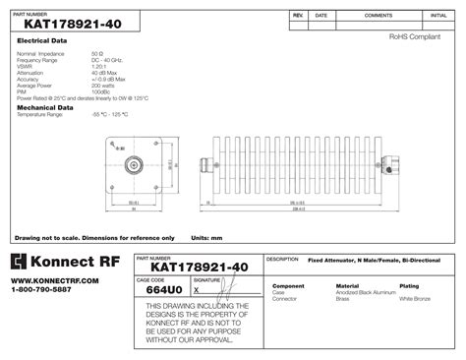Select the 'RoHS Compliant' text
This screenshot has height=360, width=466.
[414, 35]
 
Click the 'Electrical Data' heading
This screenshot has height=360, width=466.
[42, 40]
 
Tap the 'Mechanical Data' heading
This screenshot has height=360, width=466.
[42, 107]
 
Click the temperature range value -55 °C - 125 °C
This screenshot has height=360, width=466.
[109, 116]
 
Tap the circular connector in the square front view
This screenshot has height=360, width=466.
[132, 165]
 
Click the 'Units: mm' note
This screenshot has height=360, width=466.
[206, 238]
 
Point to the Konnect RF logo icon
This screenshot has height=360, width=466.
[20, 262]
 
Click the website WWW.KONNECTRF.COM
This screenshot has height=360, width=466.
[55, 280]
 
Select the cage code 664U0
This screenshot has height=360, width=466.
[163, 290]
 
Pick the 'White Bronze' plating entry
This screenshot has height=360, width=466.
[415, 297]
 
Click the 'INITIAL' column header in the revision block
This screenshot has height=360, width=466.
[438, 17]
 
